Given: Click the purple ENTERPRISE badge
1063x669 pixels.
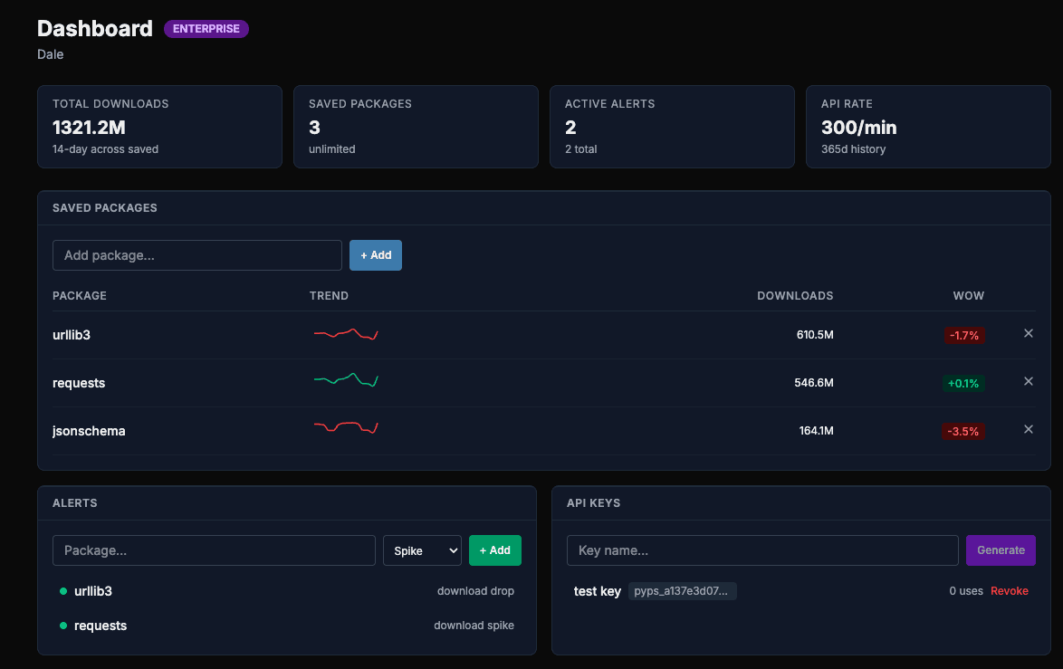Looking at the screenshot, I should point(206,29).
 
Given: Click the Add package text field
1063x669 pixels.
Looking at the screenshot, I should point(196,255).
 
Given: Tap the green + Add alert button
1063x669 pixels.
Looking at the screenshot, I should point(494,550).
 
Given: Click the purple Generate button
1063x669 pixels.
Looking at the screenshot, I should point(1001,550).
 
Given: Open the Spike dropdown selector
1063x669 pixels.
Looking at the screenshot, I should point(422,550).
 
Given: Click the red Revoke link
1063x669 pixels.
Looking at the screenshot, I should point(1009,591).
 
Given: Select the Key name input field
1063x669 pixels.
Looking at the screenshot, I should point(761,550).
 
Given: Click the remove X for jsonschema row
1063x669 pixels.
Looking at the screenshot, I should point(1028,429).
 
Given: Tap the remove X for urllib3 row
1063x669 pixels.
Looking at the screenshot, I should point(1028,333).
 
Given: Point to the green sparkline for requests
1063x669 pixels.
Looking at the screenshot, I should point(345,380).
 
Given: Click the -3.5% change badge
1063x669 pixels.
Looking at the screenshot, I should point(962,432).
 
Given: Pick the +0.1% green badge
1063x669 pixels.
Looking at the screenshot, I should point(962,384).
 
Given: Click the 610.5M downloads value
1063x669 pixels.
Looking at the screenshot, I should point(814,335).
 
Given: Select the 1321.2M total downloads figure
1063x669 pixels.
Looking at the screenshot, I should point(89,128).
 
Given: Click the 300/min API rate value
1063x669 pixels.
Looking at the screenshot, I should point(858,128).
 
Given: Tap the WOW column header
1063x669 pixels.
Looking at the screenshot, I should point(968,296).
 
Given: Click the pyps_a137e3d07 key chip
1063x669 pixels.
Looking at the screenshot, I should point(682,591).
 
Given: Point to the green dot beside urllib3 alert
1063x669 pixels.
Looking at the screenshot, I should point(63,591).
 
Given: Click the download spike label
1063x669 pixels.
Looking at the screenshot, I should point(474,626).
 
